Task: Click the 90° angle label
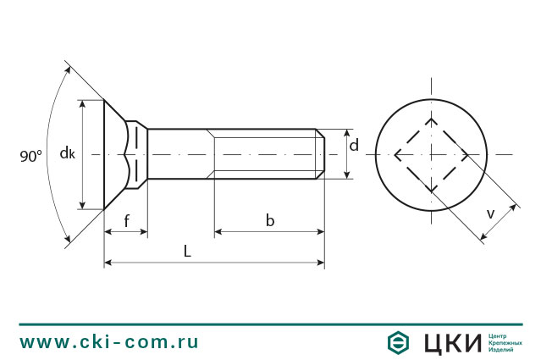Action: (30, 156)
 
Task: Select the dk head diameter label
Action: (68, 153)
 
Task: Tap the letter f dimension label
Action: (126, 222)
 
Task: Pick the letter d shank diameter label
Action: (354, 146)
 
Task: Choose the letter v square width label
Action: (490, 214)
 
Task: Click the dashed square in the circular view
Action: (431, 154)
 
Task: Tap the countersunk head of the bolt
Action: (114, 154)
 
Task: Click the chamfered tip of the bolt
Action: (321, 154)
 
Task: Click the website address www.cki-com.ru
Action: (109, 342)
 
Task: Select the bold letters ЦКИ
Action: (446, 342)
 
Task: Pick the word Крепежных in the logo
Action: (505, 342)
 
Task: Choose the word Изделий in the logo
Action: (502, 350)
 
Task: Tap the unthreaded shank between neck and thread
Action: (179, 154)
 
